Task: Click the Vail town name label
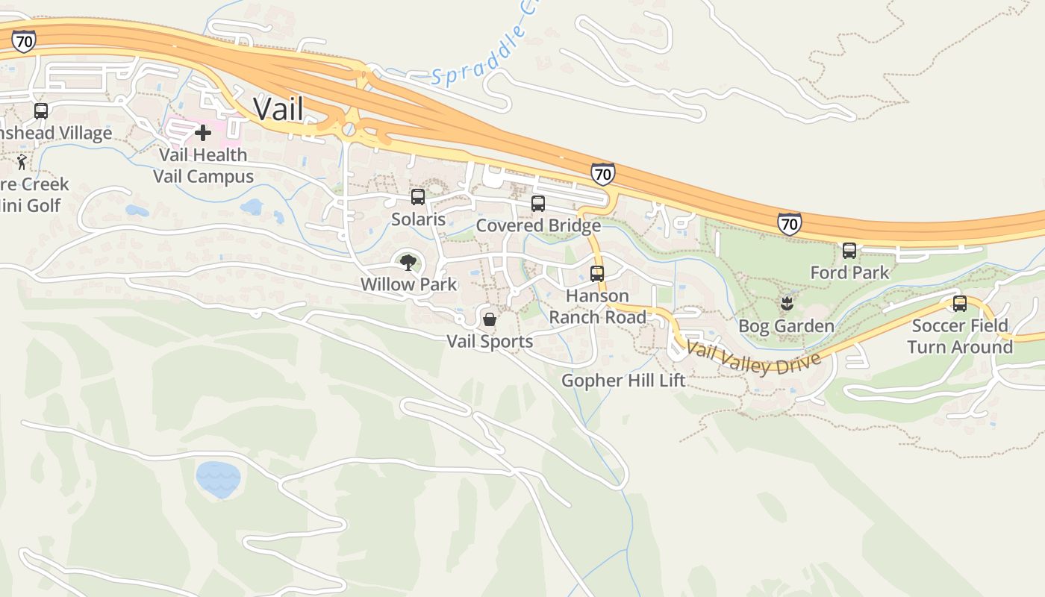point(278,109)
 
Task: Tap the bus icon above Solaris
point(418,197)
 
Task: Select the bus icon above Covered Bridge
point(538,204)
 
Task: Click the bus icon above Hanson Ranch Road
point(597,274)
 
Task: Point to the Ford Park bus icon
point(849,251)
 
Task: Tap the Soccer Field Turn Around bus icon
point(960,304)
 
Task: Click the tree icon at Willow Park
point(408,263)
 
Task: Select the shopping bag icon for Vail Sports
point(490,319)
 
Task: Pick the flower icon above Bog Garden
point(786,304)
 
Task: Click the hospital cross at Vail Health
point(202,134)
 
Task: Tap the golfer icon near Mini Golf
point(22,162)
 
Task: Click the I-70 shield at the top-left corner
point(24,41)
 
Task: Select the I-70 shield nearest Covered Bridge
point(602,175)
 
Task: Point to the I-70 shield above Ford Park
point(789,223)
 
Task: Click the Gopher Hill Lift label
point(623,381)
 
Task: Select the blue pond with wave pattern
point(218,479)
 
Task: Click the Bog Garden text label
point(786,326)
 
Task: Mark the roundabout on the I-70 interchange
point(349,129)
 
